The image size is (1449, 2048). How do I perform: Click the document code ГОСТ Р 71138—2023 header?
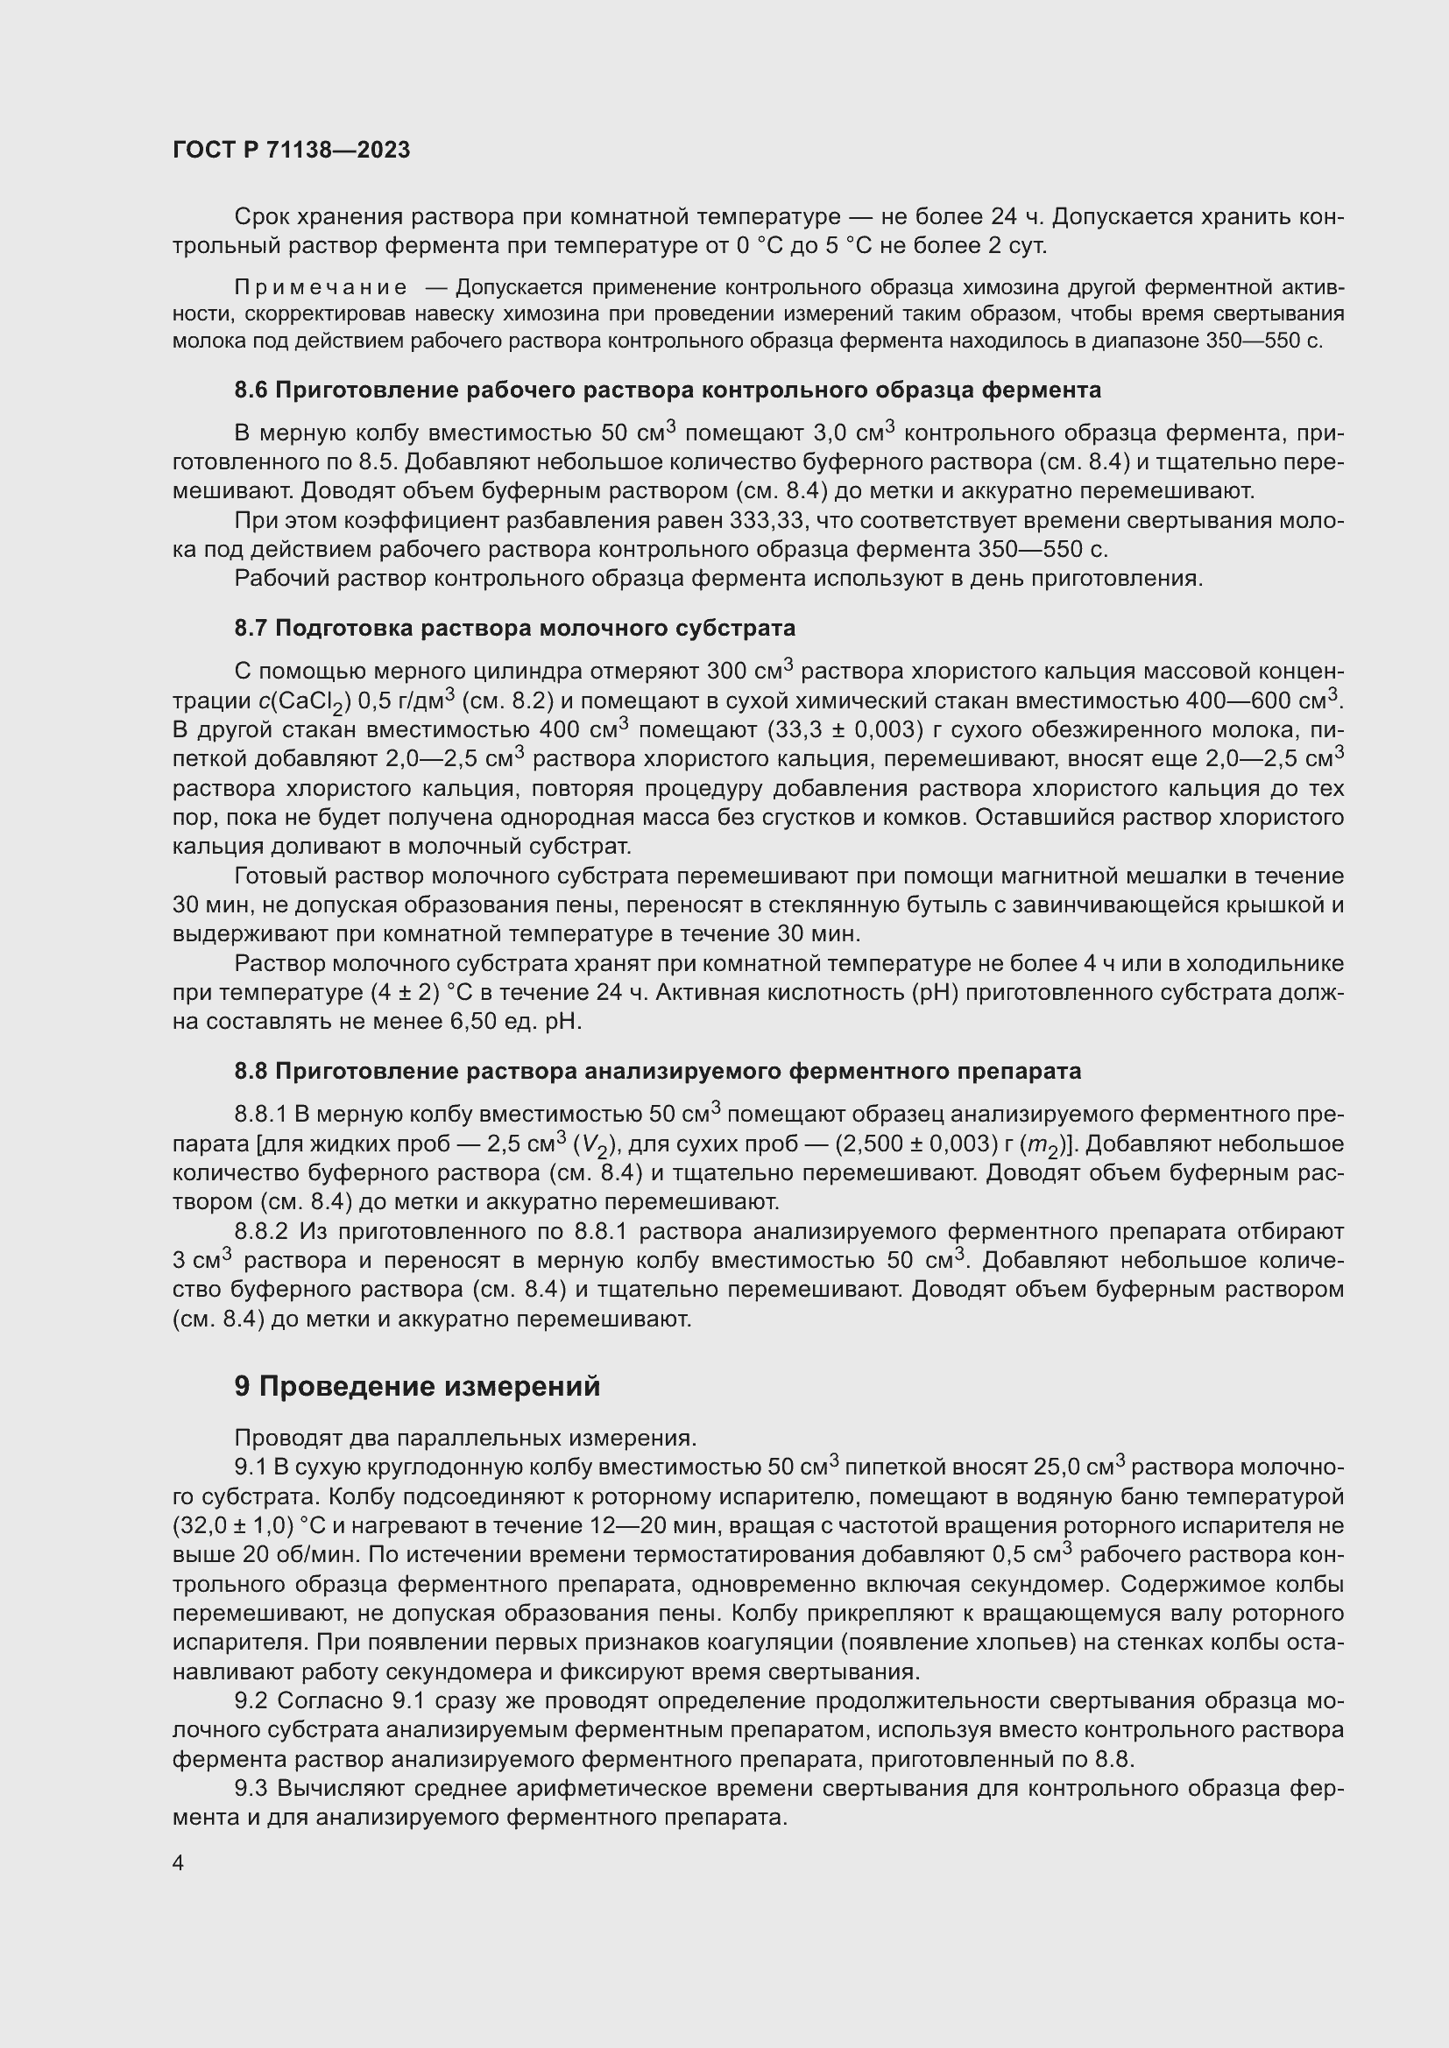(x=291, y=150)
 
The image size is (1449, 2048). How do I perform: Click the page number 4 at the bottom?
(x=179, y=1863)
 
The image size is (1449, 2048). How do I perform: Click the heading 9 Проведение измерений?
(x=417, y=1387)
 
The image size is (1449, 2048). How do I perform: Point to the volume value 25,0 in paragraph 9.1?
(x=1056, y=1467)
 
